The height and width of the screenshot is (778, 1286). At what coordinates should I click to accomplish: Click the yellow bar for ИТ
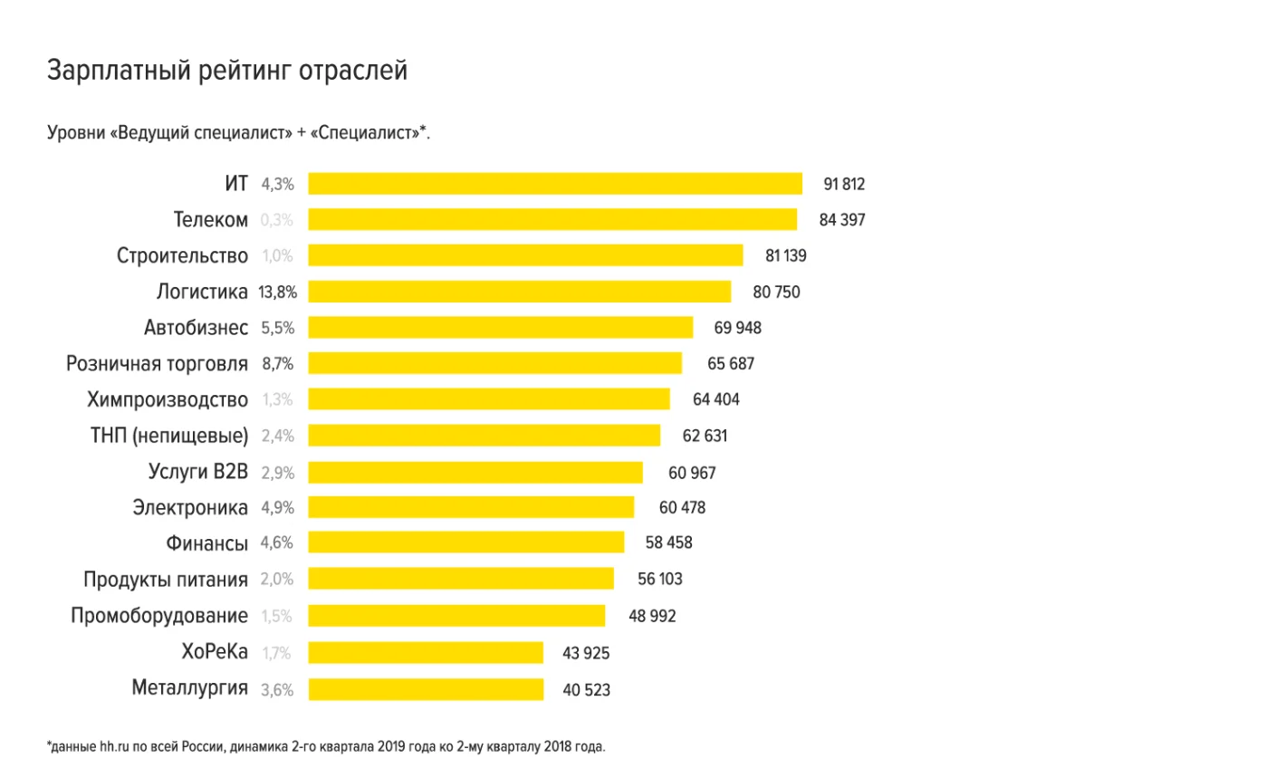554,184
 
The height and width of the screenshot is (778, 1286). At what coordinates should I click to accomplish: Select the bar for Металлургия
426,689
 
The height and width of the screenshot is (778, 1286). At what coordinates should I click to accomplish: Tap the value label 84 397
841,220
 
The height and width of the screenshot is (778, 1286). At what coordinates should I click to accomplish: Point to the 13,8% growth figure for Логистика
277,292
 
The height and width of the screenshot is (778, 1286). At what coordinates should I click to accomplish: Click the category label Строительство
182,255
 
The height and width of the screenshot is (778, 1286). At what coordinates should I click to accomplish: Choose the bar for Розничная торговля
494,363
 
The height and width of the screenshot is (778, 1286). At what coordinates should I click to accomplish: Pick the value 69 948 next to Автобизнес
737,328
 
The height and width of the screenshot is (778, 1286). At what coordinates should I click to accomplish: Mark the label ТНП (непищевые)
168,436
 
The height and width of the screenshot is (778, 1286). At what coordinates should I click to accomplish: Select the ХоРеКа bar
426,652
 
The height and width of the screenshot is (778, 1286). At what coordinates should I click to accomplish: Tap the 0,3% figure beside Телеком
277,220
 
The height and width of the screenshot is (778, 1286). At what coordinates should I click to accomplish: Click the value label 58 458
668,543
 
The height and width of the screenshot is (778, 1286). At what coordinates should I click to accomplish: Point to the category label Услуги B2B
197,472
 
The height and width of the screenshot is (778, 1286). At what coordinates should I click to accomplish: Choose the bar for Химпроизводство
489,399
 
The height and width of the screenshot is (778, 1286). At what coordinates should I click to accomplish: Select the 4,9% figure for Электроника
277,507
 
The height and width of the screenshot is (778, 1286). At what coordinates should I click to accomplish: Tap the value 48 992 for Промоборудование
652,616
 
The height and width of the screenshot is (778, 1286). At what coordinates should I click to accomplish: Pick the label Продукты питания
165,580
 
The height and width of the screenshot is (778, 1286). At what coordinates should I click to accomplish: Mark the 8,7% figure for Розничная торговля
277,363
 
